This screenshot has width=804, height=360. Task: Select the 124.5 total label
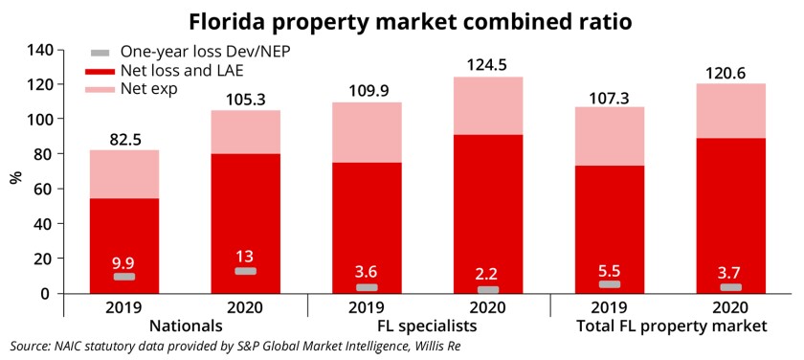(x=488, y=65)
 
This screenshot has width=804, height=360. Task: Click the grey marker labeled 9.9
(x=124, y=277)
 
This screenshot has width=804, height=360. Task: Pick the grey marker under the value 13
(x=246, y=271)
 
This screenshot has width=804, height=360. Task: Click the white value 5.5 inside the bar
(x=610, y=268)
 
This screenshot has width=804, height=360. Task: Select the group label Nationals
(x=184, y=326)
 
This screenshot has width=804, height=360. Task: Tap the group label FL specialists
(x=428, y=326)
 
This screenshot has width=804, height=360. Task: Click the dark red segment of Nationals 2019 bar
(x=124, y=230)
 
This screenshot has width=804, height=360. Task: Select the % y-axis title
(x=15, y=177)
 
